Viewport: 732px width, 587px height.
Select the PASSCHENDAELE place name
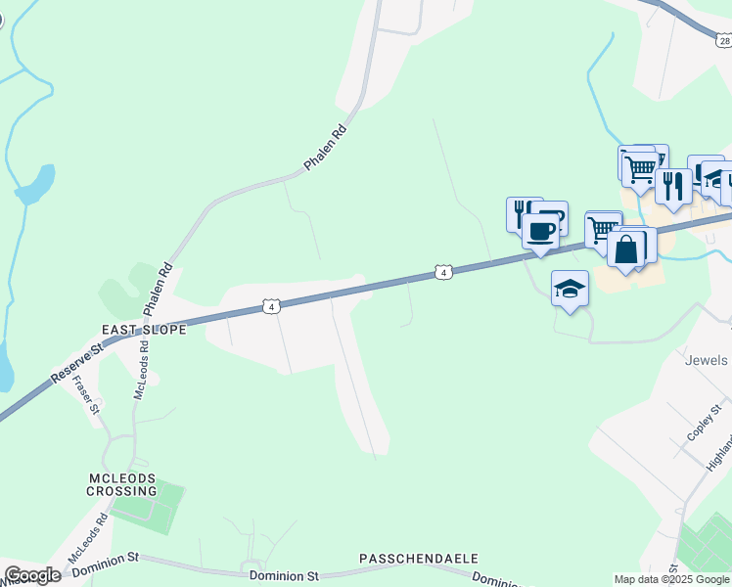click(x=418, y=559)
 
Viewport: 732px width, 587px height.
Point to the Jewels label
click(x=707, y=360)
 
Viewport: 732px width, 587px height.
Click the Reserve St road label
click(x=76, y=364)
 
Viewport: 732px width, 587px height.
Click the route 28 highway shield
click(x=723, y=40)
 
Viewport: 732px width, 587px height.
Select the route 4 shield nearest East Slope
click(x=272, y=307)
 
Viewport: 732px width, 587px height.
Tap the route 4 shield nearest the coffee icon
click(x=443, y=272)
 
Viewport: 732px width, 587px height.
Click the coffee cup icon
click(x=539, y=232)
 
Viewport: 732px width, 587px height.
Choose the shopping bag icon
click(x=625, y=249)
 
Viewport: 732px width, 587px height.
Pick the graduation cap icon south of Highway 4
click(x=570, y=288)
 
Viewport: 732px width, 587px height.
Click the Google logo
click(x=32, y=575)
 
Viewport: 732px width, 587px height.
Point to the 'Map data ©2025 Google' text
click(x=672, y=579)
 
